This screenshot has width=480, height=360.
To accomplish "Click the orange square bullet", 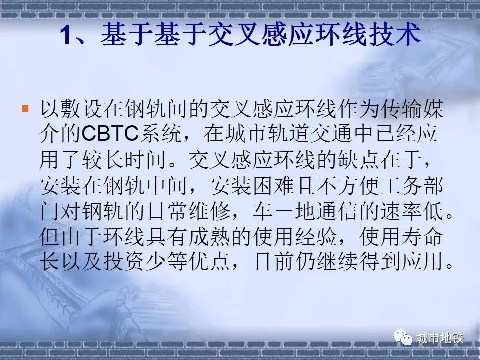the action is click(25, 108).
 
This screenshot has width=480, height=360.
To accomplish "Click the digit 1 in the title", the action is click(66, 35).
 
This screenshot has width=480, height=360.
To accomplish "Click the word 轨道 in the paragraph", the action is click(288, 134).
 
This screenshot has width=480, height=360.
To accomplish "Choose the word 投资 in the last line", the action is click(124, 261).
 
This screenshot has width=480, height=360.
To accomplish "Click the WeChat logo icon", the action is click(403, 337).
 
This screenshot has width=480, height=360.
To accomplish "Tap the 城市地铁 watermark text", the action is click(440, 338).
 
